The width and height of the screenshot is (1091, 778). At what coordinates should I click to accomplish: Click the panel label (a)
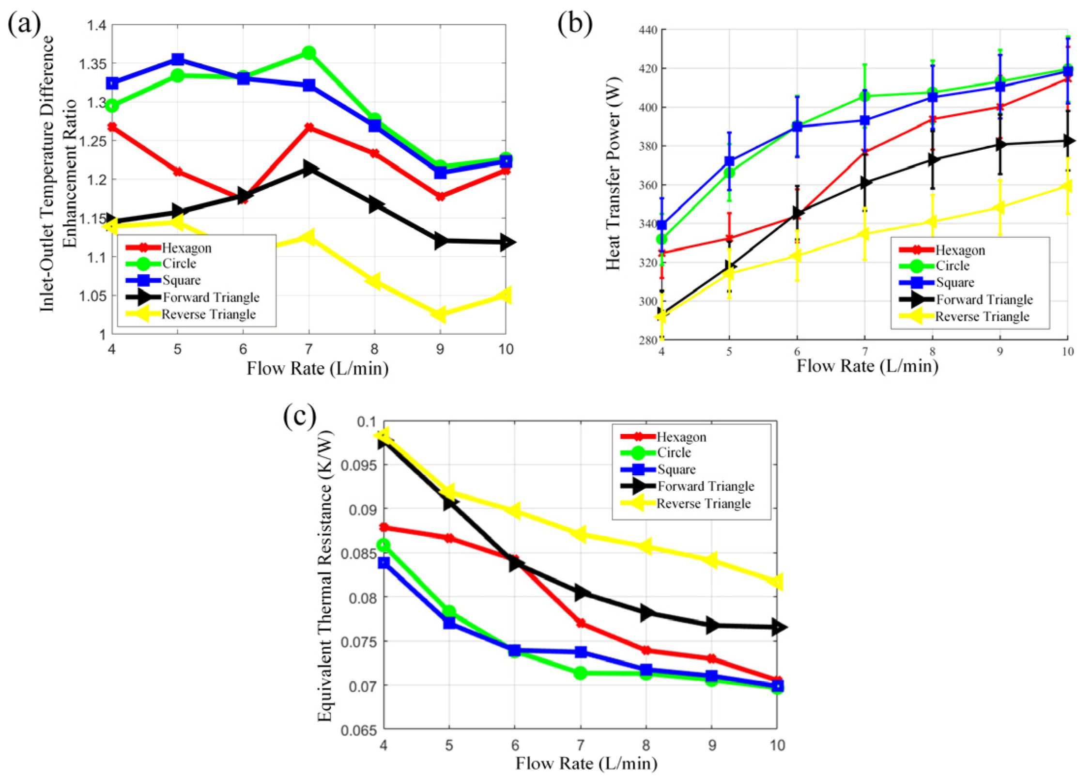pos(24,23)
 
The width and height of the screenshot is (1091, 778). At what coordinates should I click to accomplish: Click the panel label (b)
pos(575,24)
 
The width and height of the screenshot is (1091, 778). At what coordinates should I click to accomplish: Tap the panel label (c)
pos(300,416)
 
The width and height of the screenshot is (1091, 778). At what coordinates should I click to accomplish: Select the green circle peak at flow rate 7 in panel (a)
pos(308,52)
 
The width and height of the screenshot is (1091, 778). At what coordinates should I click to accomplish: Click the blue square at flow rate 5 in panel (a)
pos(178,60)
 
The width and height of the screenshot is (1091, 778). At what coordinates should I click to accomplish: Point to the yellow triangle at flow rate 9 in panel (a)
pos(439,314)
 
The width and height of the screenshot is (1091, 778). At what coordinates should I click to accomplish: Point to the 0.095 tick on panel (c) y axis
pos(358,466)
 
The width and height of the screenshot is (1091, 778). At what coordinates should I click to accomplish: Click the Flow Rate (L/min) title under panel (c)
pos(586,763)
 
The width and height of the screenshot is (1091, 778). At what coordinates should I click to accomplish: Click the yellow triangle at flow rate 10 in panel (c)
pos(776,582)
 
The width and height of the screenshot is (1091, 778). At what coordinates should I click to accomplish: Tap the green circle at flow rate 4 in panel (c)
pos(384,545)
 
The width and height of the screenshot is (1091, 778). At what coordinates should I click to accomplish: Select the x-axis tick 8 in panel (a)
pos(374,349)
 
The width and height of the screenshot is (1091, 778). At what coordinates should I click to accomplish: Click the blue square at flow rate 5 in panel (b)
pos(729,161)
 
